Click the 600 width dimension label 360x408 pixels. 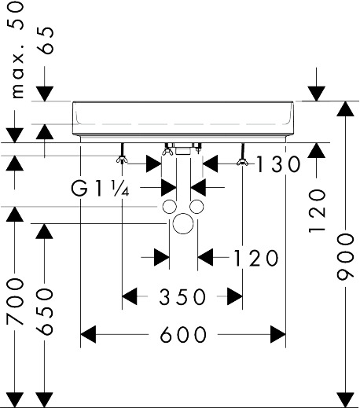(x=183, y=335)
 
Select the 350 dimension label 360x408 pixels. (x=182, y=296)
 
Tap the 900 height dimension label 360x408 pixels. (x=345, y=257)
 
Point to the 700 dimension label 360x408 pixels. (x=15, y=302)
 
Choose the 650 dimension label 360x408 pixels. (x=45, y=311)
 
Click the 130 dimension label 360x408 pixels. (x=277, y=164)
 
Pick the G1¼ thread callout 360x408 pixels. (x=100, y=189)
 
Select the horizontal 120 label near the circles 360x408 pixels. (x=255, y=258)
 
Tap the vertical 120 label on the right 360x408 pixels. (x=317, y=211)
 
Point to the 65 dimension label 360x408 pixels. (x=45, y=40)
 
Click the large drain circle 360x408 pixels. (x=183, y=223)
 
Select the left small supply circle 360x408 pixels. (x=170, y=207)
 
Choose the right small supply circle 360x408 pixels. (x=197, y=207)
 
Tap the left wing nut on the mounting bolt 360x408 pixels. (x=122, y=160)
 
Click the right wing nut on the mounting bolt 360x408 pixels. (x=242, y=162)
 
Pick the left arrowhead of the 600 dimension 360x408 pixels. (x=88, y=334)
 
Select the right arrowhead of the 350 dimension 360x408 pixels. (x=235, y=296)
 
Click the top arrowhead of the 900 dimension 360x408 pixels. (x=345, y=108)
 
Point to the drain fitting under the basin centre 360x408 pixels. (x=183, y=149)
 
